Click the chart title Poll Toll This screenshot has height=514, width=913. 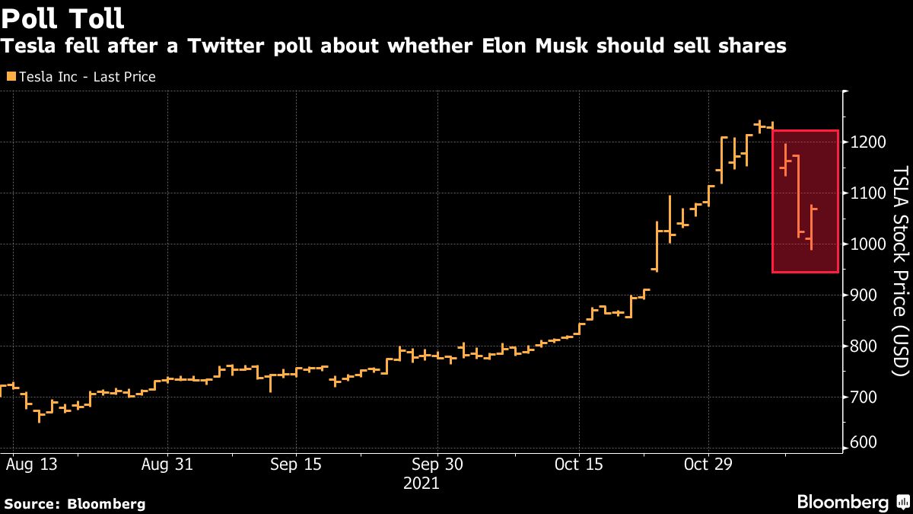coord(62,17)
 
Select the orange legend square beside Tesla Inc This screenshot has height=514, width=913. coord(10,77)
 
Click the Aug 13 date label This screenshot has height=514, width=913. coord(33,464)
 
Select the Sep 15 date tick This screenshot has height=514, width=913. coord(295,464)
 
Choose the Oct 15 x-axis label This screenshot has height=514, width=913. coord(578,464)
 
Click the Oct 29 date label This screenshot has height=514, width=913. coord(708,464)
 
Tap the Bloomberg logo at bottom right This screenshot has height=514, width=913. coord(852,503)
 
